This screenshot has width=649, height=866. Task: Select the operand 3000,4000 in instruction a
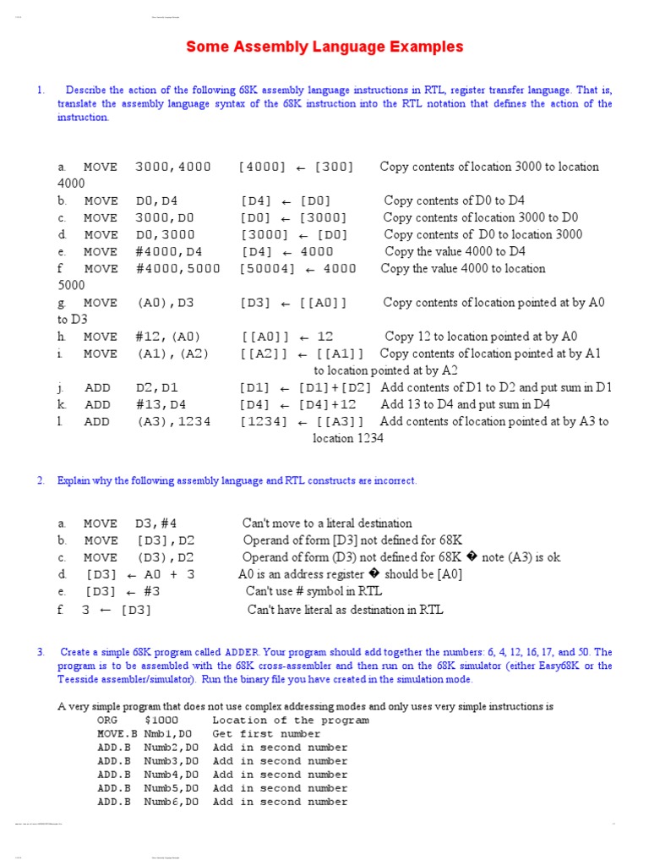172,167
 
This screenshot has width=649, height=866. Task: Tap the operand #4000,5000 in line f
177,269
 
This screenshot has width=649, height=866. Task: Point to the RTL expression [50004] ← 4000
298,269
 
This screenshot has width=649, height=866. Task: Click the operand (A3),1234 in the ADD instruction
173,421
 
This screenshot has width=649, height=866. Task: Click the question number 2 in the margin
40,481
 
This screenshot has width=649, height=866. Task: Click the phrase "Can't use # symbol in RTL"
314,592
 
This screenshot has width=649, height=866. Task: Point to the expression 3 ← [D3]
117,610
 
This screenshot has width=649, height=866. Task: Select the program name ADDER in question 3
243,652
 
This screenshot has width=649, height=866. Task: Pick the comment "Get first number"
266,734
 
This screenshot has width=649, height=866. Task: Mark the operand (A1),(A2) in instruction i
172,354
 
